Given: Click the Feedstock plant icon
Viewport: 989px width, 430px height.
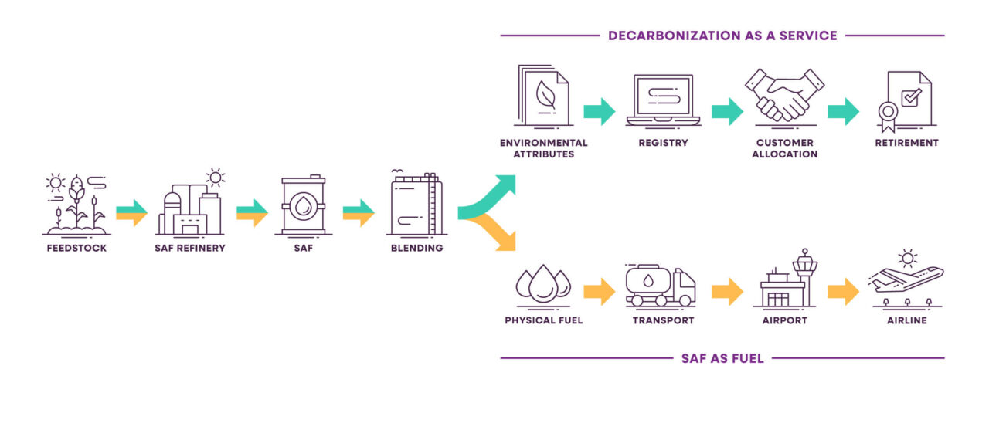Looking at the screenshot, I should (x=76, y=205).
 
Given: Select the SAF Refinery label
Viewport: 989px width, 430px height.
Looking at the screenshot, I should (x=191, y=249).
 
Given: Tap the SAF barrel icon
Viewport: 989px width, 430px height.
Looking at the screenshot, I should (x=303, y=205).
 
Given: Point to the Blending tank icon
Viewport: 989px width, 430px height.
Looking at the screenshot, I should (x=415, y=205).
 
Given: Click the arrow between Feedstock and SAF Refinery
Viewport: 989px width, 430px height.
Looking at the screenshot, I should (x=131, y=212).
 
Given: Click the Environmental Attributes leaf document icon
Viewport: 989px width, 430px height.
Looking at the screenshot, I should (x=542, y=96).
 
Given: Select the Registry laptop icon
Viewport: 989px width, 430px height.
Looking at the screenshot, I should (x=663, y=100).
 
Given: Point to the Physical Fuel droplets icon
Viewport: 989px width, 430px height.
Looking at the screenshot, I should (x=543, y=284).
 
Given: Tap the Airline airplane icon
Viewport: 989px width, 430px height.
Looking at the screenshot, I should (x=906, y=279).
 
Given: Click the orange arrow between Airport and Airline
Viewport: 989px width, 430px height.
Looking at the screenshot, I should (x=843, y=291).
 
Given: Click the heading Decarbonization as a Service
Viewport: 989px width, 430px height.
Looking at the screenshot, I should (x=722, y=36).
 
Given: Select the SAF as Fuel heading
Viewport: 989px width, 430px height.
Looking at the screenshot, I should (x=722, y=358).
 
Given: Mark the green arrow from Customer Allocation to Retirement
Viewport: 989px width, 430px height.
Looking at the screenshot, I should (x=843, y=111).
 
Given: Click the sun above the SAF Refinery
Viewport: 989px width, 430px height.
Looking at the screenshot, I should (x=215, y=178).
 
